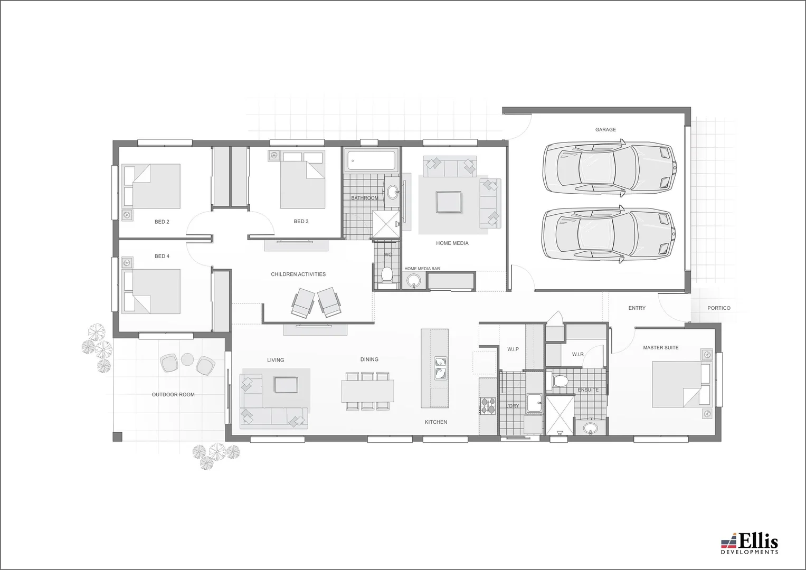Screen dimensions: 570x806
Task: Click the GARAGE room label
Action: pos(605,129)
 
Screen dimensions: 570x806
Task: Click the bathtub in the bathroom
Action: pos(371,161)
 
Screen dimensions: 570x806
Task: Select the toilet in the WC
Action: pos(387,274)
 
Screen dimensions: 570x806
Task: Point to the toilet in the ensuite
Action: pos(560,380)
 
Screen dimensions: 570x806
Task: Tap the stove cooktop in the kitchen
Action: pos(488,405)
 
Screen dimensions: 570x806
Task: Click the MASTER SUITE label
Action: pos(660,348)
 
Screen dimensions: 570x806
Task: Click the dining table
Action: pos(368,391)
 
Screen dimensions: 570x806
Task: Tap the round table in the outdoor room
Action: pos(187,359)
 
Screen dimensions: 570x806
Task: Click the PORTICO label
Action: pos(718,308)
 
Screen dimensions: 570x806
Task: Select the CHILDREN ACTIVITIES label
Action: pos(298,274)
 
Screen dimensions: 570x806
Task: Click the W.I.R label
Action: pos(577,354)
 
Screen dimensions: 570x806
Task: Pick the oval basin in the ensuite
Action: pos(590,428)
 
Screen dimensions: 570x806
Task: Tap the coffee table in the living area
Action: pos(286,385)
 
